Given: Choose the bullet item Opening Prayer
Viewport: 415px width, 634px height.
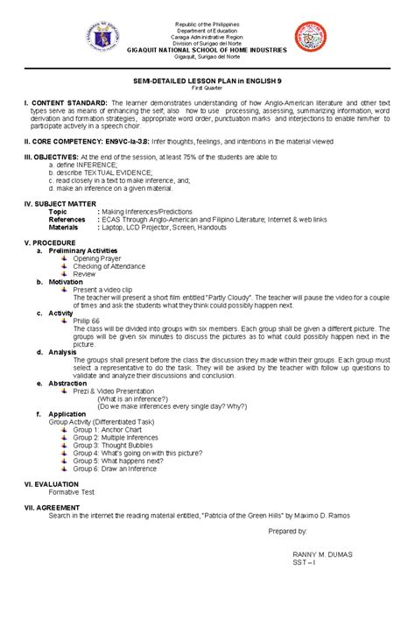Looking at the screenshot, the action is tap(98, 259).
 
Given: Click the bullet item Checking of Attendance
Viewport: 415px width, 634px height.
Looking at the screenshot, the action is tap(109, 266).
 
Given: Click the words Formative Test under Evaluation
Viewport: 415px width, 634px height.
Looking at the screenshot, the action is tap(73, 492).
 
